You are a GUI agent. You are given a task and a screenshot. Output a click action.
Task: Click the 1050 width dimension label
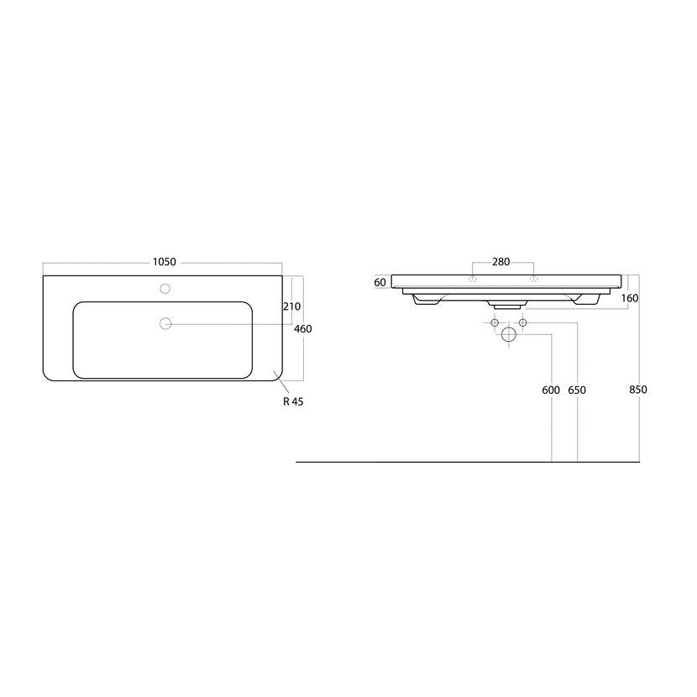tap(165, 262)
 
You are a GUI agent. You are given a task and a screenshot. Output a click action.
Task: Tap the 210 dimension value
tap(291, 307)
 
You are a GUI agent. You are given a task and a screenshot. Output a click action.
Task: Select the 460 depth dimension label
tap(302, 329)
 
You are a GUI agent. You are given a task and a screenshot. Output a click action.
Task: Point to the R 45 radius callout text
tap(293, 401)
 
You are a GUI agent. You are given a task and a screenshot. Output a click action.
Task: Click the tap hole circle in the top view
tap(165, 289)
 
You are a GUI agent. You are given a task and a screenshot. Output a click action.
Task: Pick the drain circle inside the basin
tap(165, 323)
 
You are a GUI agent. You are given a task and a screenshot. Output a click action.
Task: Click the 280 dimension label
tap(501, 262)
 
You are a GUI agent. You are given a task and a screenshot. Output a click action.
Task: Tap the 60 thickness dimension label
tap(380, 282)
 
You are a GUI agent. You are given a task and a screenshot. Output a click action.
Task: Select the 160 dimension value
tap(630, 298)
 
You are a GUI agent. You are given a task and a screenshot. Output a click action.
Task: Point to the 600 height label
tap(551, 390)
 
